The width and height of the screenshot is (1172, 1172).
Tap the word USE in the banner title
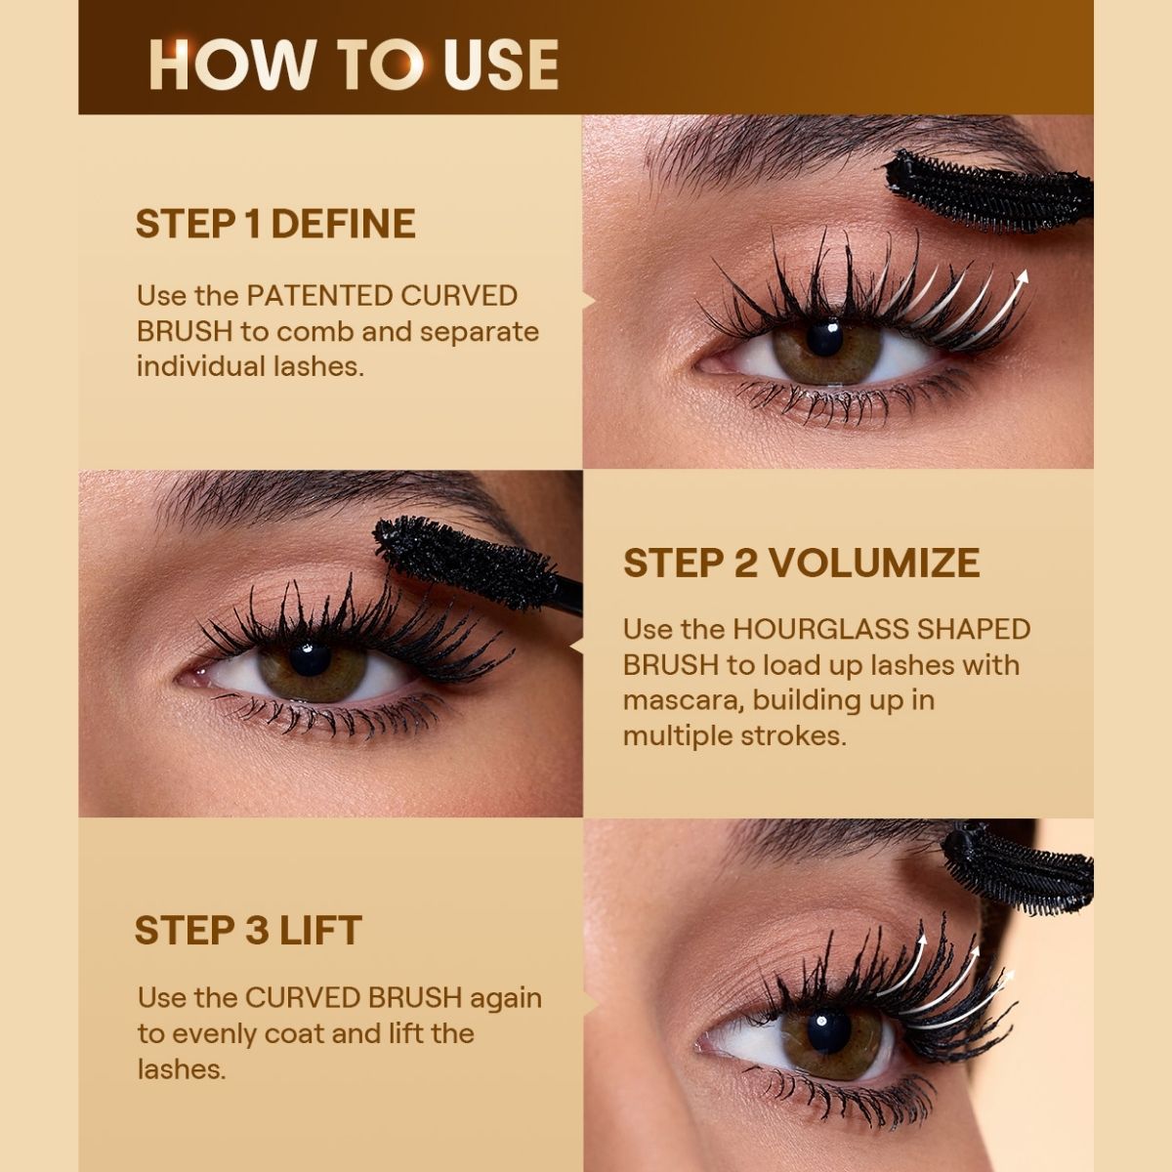(x=501, y=65)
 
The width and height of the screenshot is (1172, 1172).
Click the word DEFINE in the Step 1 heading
(x=343, y=224)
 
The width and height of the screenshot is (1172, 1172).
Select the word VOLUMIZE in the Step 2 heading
(x=875, y=563)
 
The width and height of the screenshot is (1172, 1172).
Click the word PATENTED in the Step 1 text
(x=318, y=296)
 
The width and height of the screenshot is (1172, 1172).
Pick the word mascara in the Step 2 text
(x=684, y=701)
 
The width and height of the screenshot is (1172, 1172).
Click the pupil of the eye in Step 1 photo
(x=824, y=339)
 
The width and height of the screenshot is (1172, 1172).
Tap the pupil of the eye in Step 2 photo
(x=309, y=658)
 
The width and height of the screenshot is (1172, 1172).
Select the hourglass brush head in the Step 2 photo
(x=466, y=563)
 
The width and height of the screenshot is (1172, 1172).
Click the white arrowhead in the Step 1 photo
(x=1023, y=278)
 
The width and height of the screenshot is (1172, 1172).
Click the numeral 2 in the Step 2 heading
(x=745, y=563)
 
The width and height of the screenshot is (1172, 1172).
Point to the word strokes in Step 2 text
(x=794, y=736)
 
